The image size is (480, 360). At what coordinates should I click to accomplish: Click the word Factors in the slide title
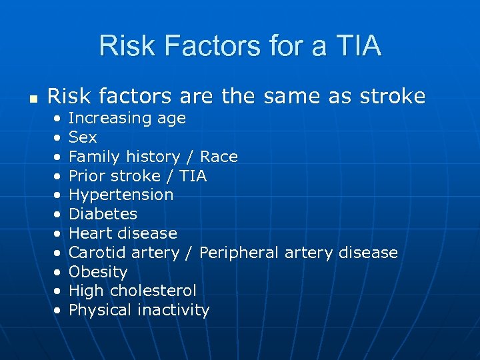click(216, 46)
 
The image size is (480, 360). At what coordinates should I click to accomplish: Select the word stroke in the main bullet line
click(393, 96)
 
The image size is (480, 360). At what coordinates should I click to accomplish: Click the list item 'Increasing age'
click(127, 119)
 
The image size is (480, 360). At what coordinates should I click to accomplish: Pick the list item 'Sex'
click(83, 137)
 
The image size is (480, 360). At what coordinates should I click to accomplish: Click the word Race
click(219, 157)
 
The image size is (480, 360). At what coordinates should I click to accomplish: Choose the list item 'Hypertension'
click(121, 195)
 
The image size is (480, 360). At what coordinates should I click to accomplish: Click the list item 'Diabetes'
click(103, 214)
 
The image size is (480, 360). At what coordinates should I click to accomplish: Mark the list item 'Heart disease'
click(123, 233)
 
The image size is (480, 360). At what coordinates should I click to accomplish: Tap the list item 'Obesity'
click(98, 272)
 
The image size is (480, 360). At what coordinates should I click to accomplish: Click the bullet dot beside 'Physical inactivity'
click(58, 311)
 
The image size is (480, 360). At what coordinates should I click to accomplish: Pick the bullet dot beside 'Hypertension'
click(58, 195)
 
